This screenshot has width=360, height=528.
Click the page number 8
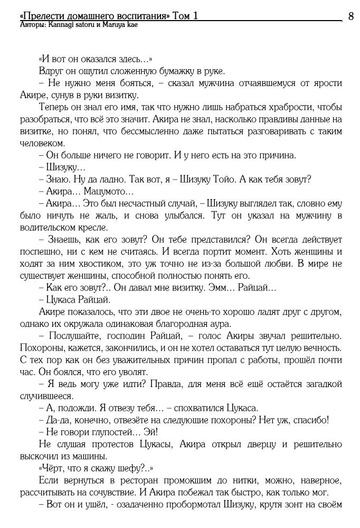[350, 16]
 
